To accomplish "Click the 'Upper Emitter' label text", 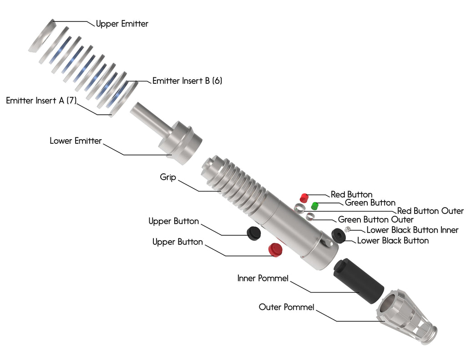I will pos(122,24).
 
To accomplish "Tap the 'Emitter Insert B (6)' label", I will pos(187,81).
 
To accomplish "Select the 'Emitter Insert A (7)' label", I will pos(41,101).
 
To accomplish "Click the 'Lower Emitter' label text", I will pos(76,141).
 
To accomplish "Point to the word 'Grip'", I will pos(168,177).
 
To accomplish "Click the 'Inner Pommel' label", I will pos(263,278).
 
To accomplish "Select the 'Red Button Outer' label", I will pos(430,211).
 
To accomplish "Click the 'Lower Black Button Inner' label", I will pos(412,230).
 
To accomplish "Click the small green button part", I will pos(314,205).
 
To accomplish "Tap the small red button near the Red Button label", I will pos(304,197).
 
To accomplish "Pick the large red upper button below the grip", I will pos(274,250).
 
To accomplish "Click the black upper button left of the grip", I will pos(253,233).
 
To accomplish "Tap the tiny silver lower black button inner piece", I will pos(348,229).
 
